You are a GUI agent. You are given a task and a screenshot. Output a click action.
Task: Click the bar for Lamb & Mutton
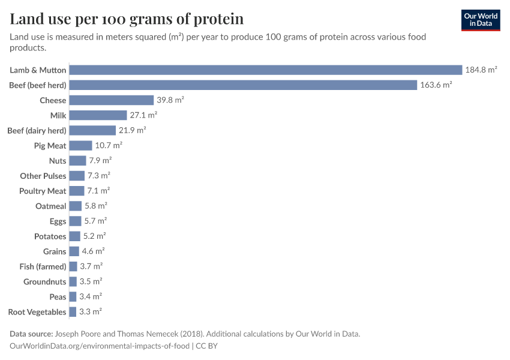pos(266,70)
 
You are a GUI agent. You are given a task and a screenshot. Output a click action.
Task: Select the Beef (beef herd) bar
pos(243,85)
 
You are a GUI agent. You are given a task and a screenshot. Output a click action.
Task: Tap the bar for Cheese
pos(112,100)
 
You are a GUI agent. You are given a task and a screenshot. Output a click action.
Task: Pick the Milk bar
pos(98,115)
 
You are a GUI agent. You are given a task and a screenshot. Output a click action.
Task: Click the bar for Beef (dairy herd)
pos(92,130)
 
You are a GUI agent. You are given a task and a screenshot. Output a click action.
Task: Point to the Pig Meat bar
pos(81,145)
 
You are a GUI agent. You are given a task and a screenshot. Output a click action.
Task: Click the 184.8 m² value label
pos(481,70)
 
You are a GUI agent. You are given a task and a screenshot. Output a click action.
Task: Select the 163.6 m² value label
pos(436,85)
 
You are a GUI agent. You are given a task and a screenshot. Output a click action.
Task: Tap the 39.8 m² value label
pos(170,100)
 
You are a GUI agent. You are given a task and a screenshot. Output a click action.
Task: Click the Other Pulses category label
pos(43,176)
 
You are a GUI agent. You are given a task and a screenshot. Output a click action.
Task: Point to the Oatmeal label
pos(51,206)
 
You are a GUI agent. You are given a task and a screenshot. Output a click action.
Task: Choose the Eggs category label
pos(58,221)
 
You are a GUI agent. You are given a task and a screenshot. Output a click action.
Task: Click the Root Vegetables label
pos(37,311)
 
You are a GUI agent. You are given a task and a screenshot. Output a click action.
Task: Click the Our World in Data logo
pos(480,20)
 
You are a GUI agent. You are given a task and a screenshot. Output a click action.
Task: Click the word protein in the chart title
pos(218,19)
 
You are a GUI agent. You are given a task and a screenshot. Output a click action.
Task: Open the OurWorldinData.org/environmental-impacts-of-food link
pos(100,346)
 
